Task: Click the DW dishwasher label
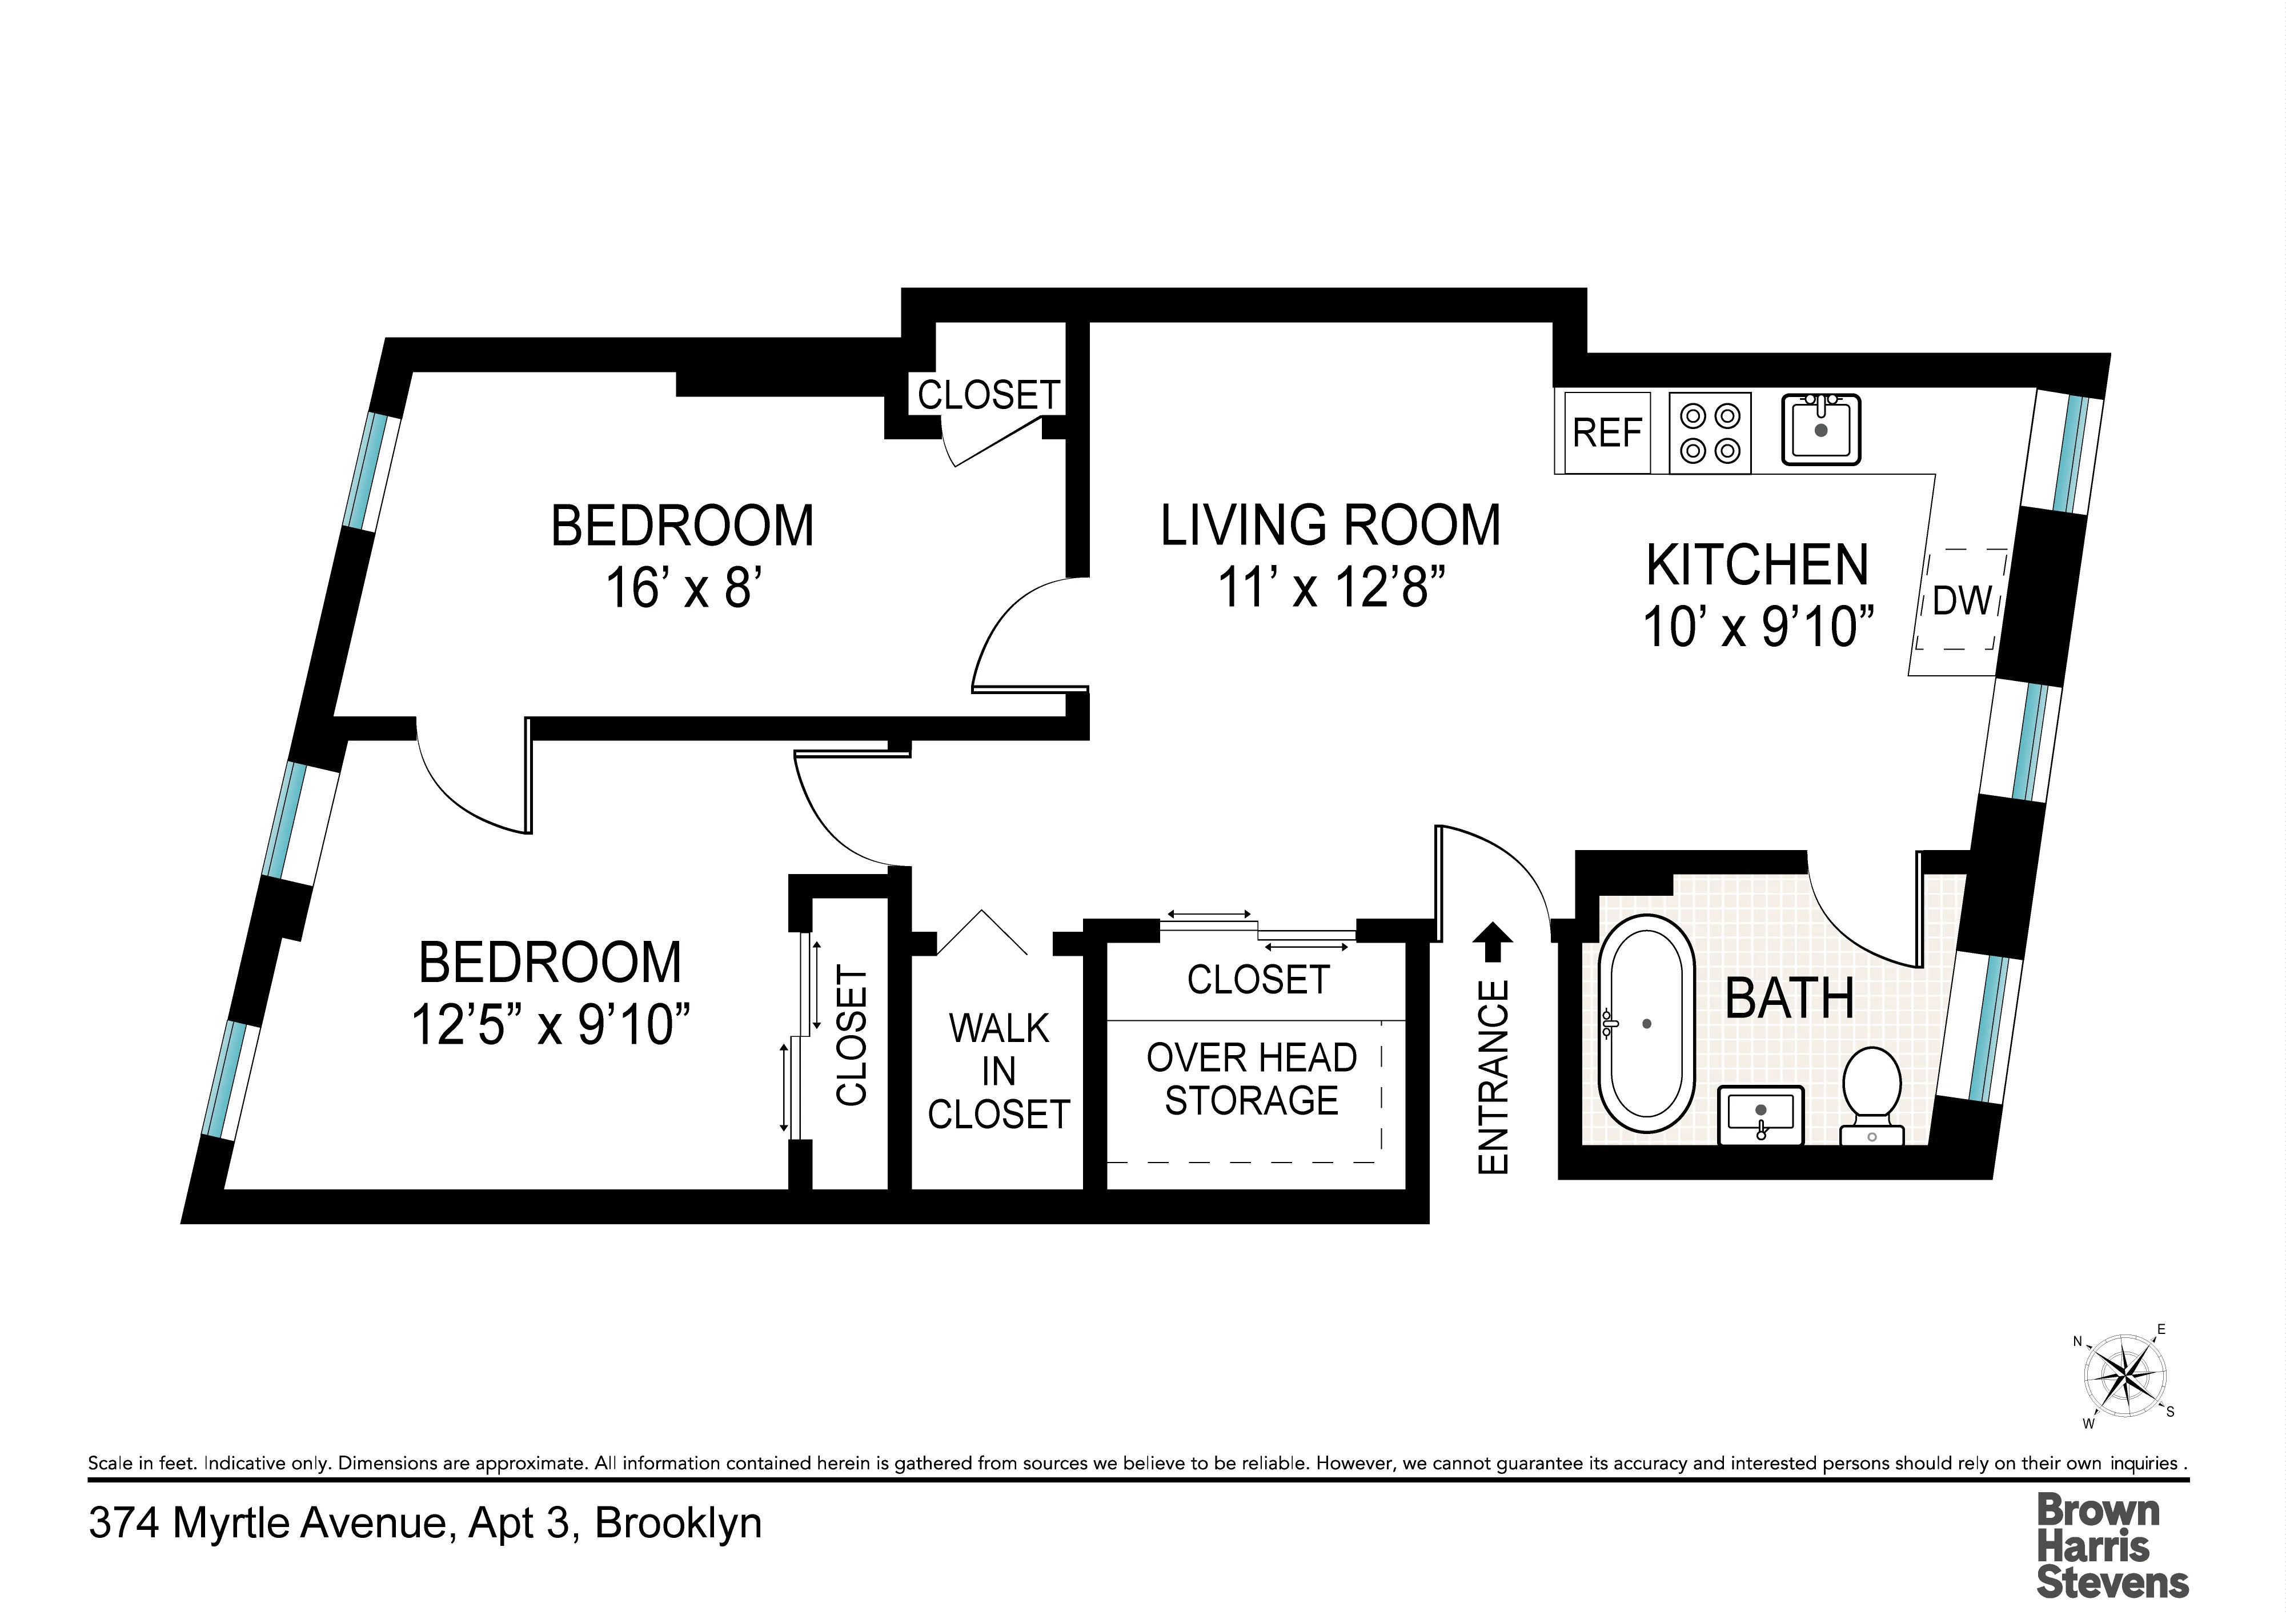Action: [1962, 600]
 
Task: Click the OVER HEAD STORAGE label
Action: [1252, 1079]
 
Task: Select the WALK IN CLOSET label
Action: [998, 1071]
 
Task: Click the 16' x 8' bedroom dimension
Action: [683, 587]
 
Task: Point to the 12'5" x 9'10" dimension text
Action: [551, 1024]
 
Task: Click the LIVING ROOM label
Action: [1330, 526]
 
